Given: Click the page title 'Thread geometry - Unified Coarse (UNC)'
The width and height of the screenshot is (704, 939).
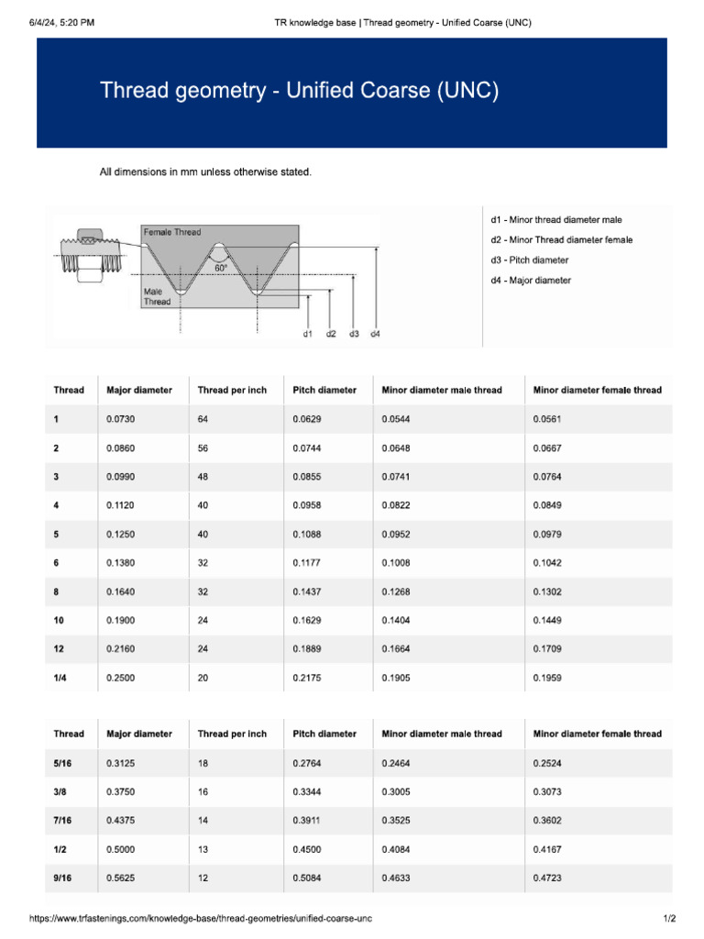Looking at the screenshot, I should [299, 91].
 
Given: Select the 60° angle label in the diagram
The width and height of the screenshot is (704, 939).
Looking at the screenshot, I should [221, 268].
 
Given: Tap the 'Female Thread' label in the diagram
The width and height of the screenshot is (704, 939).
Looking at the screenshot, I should [172, 232].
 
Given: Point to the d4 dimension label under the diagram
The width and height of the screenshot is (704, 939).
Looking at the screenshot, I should [375, 334].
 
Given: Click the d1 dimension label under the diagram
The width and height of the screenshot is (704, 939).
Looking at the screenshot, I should [308, 334].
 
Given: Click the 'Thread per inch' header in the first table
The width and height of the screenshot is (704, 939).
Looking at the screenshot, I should [232, 390].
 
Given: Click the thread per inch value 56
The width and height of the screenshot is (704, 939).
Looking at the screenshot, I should [203, 447].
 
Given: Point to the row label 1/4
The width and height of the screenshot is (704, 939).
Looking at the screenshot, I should [60, 679].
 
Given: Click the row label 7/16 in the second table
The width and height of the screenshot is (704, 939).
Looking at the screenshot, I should [62, 821].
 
